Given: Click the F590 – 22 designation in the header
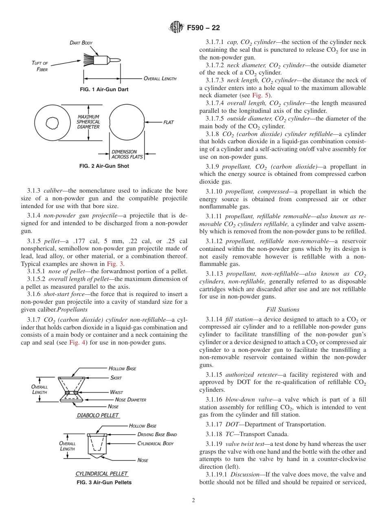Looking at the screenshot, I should click(203, 28).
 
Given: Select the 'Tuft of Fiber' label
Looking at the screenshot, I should click(40, 66).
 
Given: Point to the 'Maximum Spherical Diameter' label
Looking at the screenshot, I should click(88, 122).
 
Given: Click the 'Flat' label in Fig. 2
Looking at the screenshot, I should click(169, 122).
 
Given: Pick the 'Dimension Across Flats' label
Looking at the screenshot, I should click(124, 154).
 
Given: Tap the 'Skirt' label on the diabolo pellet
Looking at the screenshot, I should click(116, 378).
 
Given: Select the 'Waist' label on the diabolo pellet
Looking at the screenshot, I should click(117, 392).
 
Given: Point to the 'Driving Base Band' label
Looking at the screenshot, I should click(157, 435).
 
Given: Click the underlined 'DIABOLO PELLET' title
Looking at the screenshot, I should click(98, 415).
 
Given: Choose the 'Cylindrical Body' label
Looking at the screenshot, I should click(155, 443).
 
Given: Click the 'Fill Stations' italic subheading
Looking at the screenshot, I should click(282, 309).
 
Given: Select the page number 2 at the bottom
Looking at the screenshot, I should click(193, 500).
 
